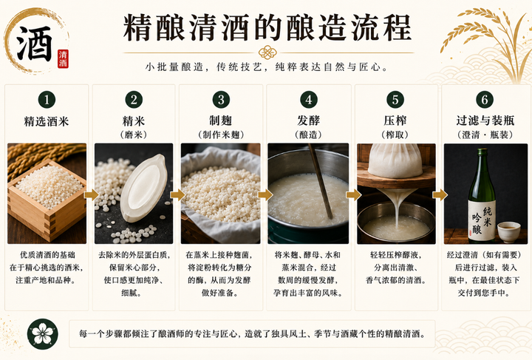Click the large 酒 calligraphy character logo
coord(35,43)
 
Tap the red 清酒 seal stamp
coord(63,58)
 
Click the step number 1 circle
coord(47,100)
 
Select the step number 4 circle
coord(308,100)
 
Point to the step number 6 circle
coord(485,100)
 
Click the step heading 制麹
coord(220,120)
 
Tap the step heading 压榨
coord(395,120)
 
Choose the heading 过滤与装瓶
coord(485,120)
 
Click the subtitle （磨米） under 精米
coord(133,135)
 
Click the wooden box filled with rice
coord(47,201)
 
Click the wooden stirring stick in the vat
coord(321,181)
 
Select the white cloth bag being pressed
coord(395,160)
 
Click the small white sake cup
coord(508,231)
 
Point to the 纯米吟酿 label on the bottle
coord(482,220)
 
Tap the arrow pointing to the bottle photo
coord(440,194)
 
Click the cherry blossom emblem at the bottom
coord(42,334)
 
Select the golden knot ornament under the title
coord(267,52)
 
